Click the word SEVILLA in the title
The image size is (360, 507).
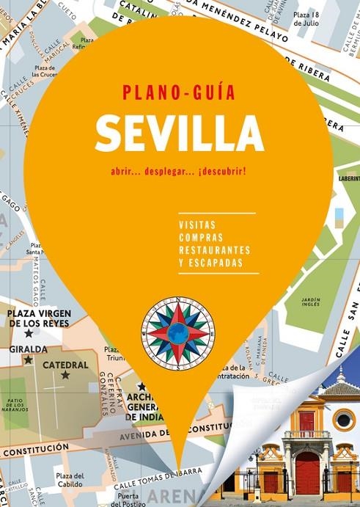pyautogui.click(x=179, y=134)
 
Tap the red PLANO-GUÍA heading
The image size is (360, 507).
pyautogui.click(x=180, y=92)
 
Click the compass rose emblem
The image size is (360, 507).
pyautogui.click(x=178, y=330)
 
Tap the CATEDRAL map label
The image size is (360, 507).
pyautogui.click(x=65, y=364)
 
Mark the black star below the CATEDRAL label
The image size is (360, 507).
pyautogui.click(x=65, y=376)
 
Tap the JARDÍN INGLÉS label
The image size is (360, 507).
pyautogui.click(x=311, y=303)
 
